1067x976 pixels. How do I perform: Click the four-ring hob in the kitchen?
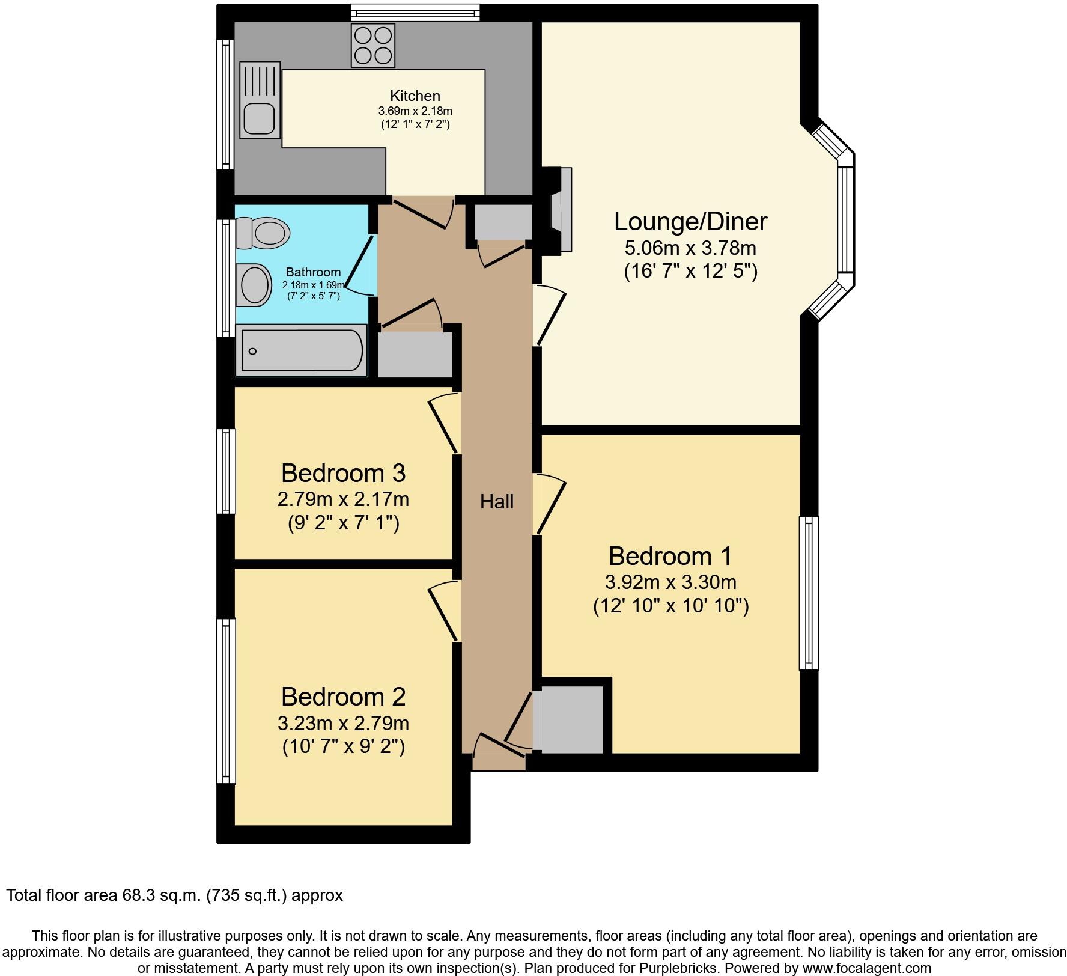point(372,46)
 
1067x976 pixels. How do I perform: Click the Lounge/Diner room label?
point(690,221)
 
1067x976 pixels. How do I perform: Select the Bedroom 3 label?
point(343,473)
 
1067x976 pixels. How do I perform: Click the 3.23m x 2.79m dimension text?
point(343,722)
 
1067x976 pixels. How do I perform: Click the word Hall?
point(496,501)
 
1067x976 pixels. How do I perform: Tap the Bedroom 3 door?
point(444,424)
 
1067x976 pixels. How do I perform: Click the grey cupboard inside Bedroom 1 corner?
point(571,719)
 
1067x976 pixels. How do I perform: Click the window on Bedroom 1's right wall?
point(809,593)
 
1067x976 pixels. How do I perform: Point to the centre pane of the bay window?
point(845,219)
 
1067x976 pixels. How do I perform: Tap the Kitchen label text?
point(415,96)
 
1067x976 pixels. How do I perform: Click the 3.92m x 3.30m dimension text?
point(670,582)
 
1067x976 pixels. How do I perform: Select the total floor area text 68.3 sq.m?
point(174,895)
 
